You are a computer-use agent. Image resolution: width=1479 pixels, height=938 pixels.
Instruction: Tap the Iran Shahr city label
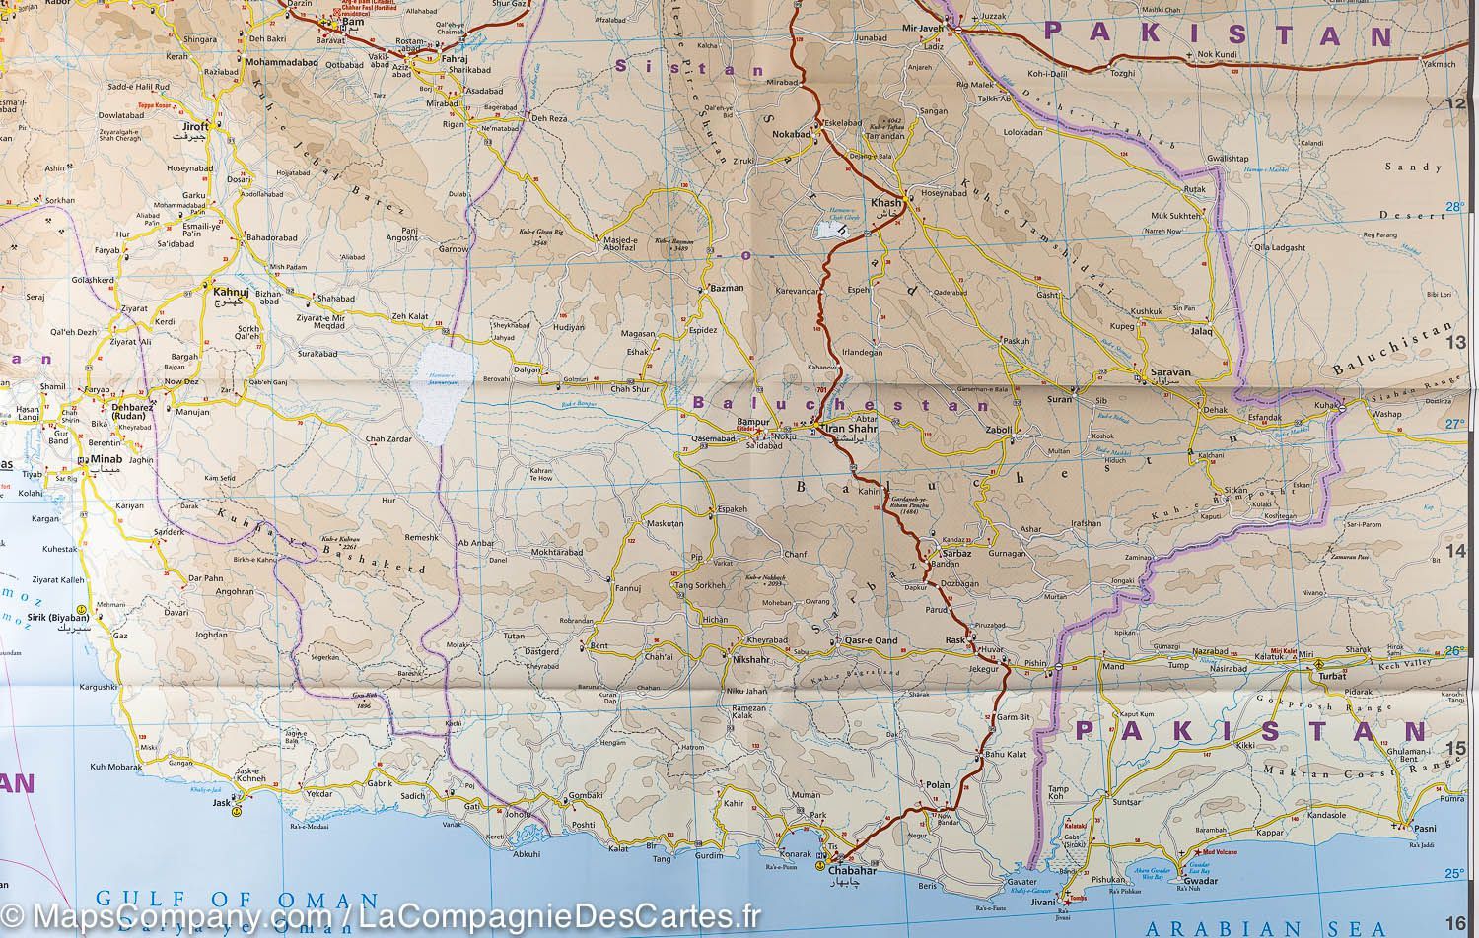[x=850, y=429]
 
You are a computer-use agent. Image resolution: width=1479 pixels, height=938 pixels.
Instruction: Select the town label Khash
[x=880, y=202]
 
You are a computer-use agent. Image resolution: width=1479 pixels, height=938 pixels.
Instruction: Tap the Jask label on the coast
[x=221, y=804]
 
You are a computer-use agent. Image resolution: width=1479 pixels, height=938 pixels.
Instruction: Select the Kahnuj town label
[x=224, y=292]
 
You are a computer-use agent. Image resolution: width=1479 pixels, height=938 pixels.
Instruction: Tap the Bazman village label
[x=726, y=288]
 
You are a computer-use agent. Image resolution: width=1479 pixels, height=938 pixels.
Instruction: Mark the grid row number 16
[x=1457, y=921]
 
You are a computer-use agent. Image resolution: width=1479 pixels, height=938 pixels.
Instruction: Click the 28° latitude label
[x=1455, y=207]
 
